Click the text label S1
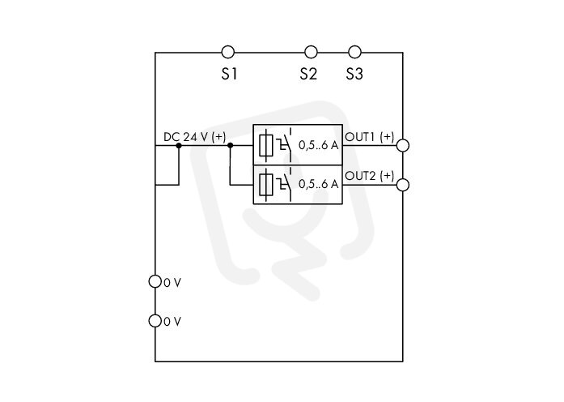click(229, 75)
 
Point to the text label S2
click(308, 75)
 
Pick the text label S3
click(354, 75)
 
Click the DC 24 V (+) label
click(194, 137)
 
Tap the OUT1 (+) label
click(370, 137)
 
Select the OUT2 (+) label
click(370, 176)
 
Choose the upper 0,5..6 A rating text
click(318, 146)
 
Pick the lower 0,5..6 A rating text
click(318, 184)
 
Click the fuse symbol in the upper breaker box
click(265, 146)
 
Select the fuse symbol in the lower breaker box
click(265, 185)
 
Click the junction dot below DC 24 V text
click(179, 146)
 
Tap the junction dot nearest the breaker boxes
click(231, 146)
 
